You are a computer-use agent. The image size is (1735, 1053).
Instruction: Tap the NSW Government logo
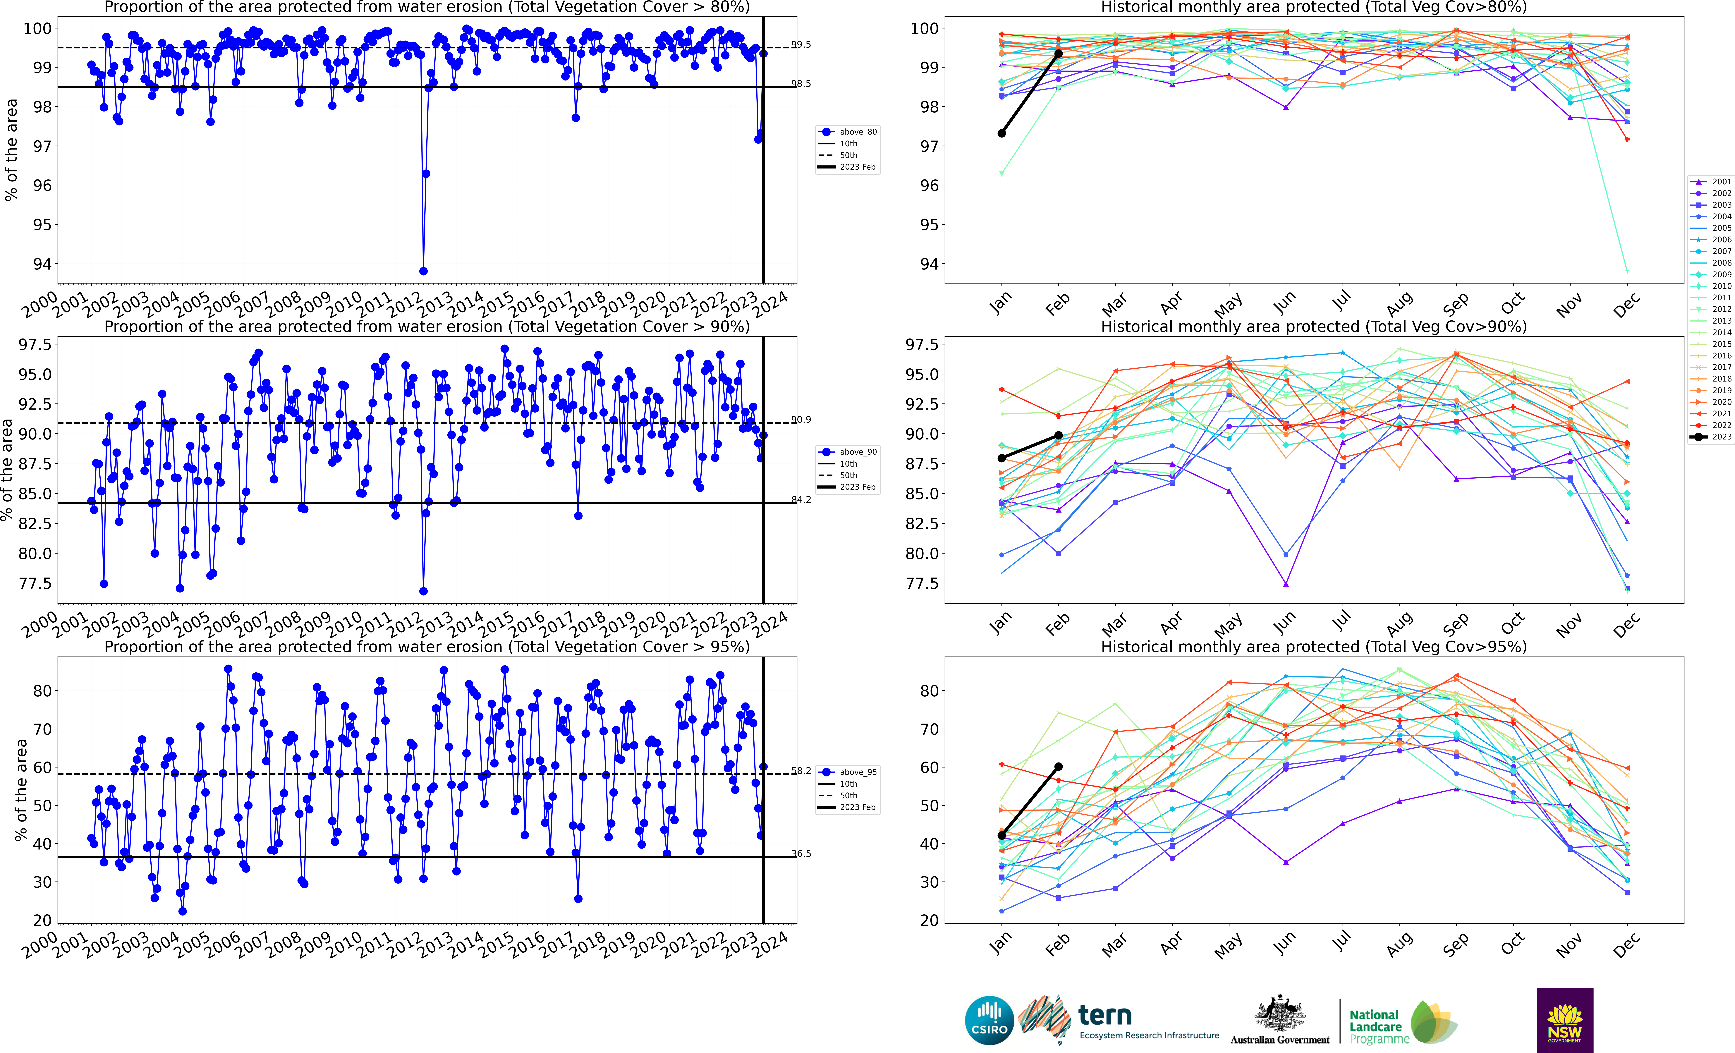[x=1565, y=1020]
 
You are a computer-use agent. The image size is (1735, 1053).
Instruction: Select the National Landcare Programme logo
[x=1401, y=1023]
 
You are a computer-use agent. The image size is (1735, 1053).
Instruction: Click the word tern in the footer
[x=1105, y=1015]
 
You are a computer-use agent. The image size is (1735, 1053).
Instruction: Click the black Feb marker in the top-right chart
[x=1058, y=54]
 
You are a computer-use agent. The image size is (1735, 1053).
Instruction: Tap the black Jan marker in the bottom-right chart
[x=1001, y=835]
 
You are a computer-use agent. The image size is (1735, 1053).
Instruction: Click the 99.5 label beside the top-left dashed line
[x=801, y=44]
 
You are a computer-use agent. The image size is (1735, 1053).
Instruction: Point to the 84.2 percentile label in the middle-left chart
[x=801, y=499]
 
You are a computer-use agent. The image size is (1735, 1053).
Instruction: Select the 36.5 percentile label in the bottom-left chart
[x=801, y=854]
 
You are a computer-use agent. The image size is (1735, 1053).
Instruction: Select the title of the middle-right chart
[x=1313, y=327]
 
